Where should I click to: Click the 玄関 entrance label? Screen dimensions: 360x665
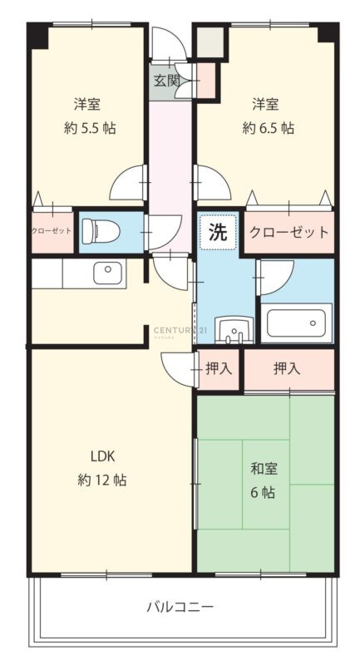166,80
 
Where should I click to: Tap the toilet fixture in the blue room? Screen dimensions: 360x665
101,231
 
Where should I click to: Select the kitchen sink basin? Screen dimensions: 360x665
110,273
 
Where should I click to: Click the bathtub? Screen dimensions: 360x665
297,323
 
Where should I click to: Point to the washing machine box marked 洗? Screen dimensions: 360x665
218,233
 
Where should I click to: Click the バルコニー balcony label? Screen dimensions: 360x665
180,607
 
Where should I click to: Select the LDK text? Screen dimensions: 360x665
102,456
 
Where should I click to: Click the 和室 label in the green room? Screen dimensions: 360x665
264,469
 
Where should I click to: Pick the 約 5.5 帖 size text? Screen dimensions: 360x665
90,128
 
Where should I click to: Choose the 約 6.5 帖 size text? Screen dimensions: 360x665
268,128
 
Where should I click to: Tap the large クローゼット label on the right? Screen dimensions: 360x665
289,233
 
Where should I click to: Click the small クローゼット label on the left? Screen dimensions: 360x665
52,232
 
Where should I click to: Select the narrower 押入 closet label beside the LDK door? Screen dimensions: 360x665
219,368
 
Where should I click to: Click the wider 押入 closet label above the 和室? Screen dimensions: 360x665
287,368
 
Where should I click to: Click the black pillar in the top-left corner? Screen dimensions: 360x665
38,35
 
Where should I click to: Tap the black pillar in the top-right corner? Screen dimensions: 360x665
328,32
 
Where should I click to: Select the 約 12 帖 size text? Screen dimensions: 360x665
102,480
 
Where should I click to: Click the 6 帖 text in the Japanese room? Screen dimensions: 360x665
264,493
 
